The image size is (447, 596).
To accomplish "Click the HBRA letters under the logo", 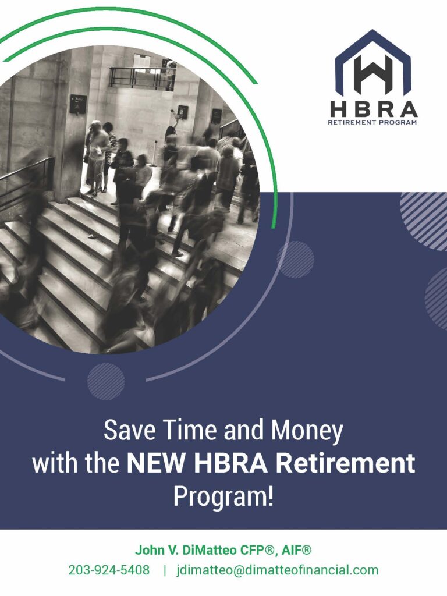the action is click(374, 109).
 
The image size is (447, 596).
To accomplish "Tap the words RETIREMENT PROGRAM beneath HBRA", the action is click(372, 122).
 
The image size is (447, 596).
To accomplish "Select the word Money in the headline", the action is click(306, 431).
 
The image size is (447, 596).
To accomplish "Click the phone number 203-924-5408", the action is click(109, 570).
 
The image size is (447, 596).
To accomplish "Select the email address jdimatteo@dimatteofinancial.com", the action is click(278, 570).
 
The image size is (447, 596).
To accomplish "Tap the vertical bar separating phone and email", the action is click(165, 570).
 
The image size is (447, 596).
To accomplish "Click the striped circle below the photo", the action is click(106, 381).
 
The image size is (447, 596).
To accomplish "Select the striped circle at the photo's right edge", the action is click(295, 260).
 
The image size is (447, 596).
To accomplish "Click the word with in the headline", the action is click(56, 463).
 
